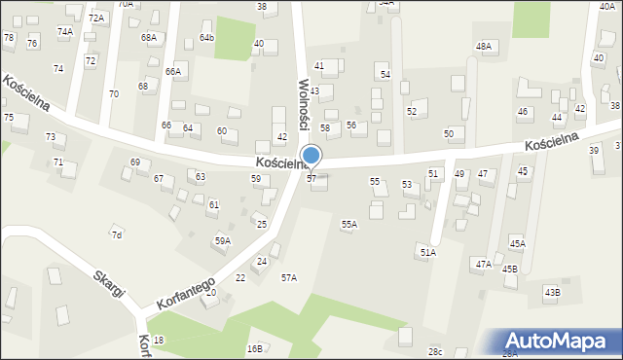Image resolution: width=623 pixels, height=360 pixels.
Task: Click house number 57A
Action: [289, 278]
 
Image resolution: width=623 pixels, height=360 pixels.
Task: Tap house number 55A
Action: [348, 225]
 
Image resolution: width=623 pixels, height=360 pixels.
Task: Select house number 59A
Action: [223, 240]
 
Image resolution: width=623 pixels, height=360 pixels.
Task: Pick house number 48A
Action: [484, 47]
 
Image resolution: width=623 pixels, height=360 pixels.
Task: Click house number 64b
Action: [206, 38]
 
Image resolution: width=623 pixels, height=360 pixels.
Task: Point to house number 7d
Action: [117, 235]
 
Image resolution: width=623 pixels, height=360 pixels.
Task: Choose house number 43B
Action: [552, 292]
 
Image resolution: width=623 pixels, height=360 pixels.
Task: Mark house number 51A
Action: [428, 253]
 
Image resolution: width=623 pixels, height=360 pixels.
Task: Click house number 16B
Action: [254, 348]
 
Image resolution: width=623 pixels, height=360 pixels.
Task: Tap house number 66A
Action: [173, 72]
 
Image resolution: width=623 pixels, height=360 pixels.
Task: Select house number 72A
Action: [95, 18]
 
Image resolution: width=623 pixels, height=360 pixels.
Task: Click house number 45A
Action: [517, 244]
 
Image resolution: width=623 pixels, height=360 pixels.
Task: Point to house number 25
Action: [261, 225]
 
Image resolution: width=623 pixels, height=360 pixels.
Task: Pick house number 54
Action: [385, 75]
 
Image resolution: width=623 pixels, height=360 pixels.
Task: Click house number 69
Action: [134, 162]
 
